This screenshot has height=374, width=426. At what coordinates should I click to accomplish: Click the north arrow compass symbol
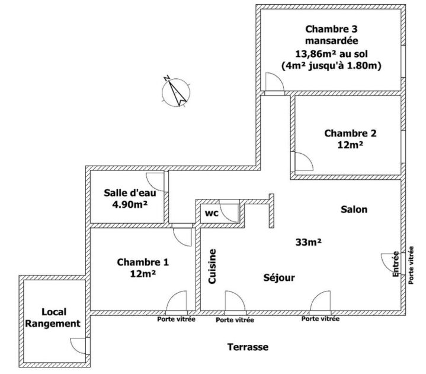pyautogui.click(x=175, y=91)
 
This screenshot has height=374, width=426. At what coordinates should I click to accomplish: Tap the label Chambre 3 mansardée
pyautogui.click(x=331, y=35)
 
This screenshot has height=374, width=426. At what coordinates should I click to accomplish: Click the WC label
pyautogui.click(x=211, y=213)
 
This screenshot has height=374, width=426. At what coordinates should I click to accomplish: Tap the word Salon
pyautogui.click(x=354, y=210)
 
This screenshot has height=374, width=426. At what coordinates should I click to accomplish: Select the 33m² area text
pyautogui.click(x=309, y=242)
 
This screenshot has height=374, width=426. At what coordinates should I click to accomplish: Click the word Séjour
pyautogui.click(x=279, y=278)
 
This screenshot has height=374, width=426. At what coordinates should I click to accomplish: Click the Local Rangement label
pyautogui.click(x=53, y=318)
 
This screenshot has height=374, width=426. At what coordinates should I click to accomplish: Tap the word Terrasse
pyautogui.click(x=248, y=347)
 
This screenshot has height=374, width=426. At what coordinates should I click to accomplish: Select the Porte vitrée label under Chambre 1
pyautogui.click(x=177, y=319)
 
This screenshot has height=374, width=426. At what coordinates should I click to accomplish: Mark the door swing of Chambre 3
pyautogui.click(x=274, y=84)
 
